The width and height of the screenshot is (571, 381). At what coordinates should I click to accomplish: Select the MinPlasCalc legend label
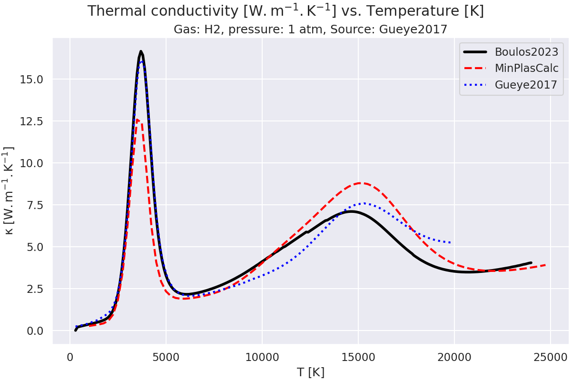(526, 69)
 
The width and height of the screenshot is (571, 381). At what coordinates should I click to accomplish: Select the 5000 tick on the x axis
(166, 356)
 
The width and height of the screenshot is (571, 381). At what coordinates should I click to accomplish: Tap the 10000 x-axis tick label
(262, 356)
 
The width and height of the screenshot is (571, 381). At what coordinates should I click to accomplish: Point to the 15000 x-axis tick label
(358, 356)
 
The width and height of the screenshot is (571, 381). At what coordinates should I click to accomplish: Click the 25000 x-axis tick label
(550, 356)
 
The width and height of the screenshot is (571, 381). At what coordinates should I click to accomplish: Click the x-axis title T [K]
(310, 372)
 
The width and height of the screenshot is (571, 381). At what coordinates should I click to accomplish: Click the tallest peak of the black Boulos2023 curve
(141, 51)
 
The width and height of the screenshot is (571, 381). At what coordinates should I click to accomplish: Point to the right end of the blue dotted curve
(450, 243)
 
